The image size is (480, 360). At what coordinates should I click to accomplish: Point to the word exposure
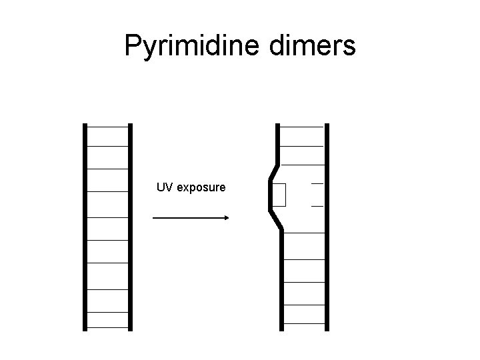201,188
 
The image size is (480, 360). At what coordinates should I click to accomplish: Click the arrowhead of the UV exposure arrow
226,217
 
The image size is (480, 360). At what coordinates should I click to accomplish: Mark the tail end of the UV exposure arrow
155,217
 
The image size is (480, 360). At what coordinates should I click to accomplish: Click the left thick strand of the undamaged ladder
85,227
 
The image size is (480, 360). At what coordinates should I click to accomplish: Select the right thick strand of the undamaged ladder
130,227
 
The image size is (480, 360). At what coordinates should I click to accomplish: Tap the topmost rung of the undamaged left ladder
107,126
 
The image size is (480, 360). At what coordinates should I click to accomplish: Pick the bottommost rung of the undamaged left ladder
107,327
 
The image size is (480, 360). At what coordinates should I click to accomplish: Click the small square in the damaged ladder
279,195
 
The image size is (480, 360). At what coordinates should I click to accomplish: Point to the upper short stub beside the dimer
317,183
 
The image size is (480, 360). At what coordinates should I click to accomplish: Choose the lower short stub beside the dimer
317,206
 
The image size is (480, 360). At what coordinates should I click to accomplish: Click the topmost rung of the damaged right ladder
302,126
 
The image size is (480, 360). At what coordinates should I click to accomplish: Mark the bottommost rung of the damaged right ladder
303,327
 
